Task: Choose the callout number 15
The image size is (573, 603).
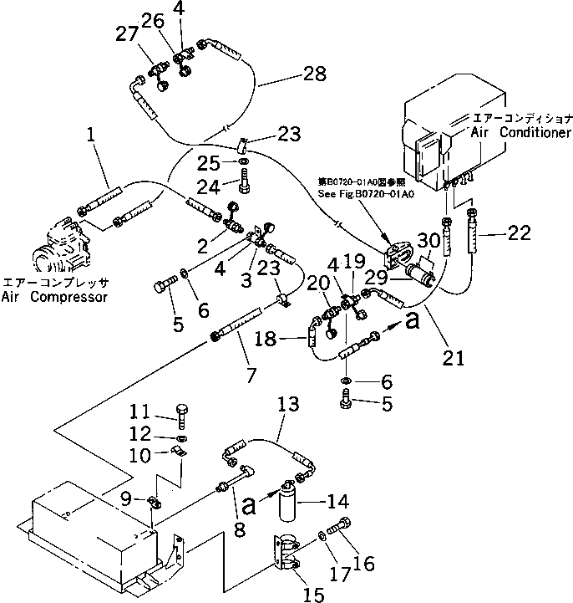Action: (x=313, y=594)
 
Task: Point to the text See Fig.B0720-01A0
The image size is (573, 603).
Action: (x=365, y=194)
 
